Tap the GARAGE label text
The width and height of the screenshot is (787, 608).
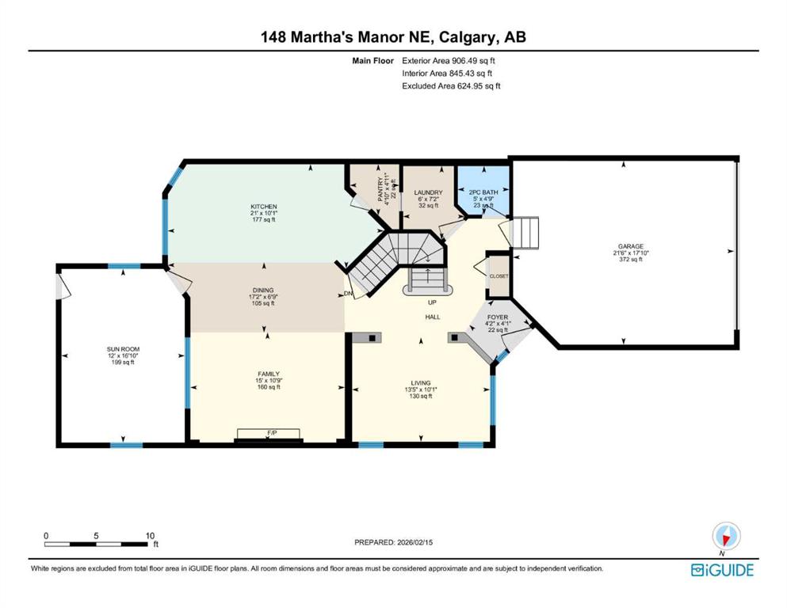tap(625, 245)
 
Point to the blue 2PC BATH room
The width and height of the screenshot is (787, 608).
tap(483, 192)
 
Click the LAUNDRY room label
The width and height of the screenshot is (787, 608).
tap(428, 192)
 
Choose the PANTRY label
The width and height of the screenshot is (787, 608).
tap(379, 188)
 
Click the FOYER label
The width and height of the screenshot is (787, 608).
tap(498, 317)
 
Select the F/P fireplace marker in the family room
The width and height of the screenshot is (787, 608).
tap(271, 433)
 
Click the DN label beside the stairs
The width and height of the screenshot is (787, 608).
tap(348, 294)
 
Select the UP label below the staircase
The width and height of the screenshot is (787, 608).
tap(431, 302)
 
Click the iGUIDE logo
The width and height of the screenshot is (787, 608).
tap(722, 570)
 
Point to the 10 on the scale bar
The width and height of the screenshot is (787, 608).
tap(150, 535)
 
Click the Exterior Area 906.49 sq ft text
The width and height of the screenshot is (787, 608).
tap(452, 60)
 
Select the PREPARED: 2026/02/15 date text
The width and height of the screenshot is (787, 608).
tap(392, 542)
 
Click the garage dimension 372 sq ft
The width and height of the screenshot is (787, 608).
tap(625, 260)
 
